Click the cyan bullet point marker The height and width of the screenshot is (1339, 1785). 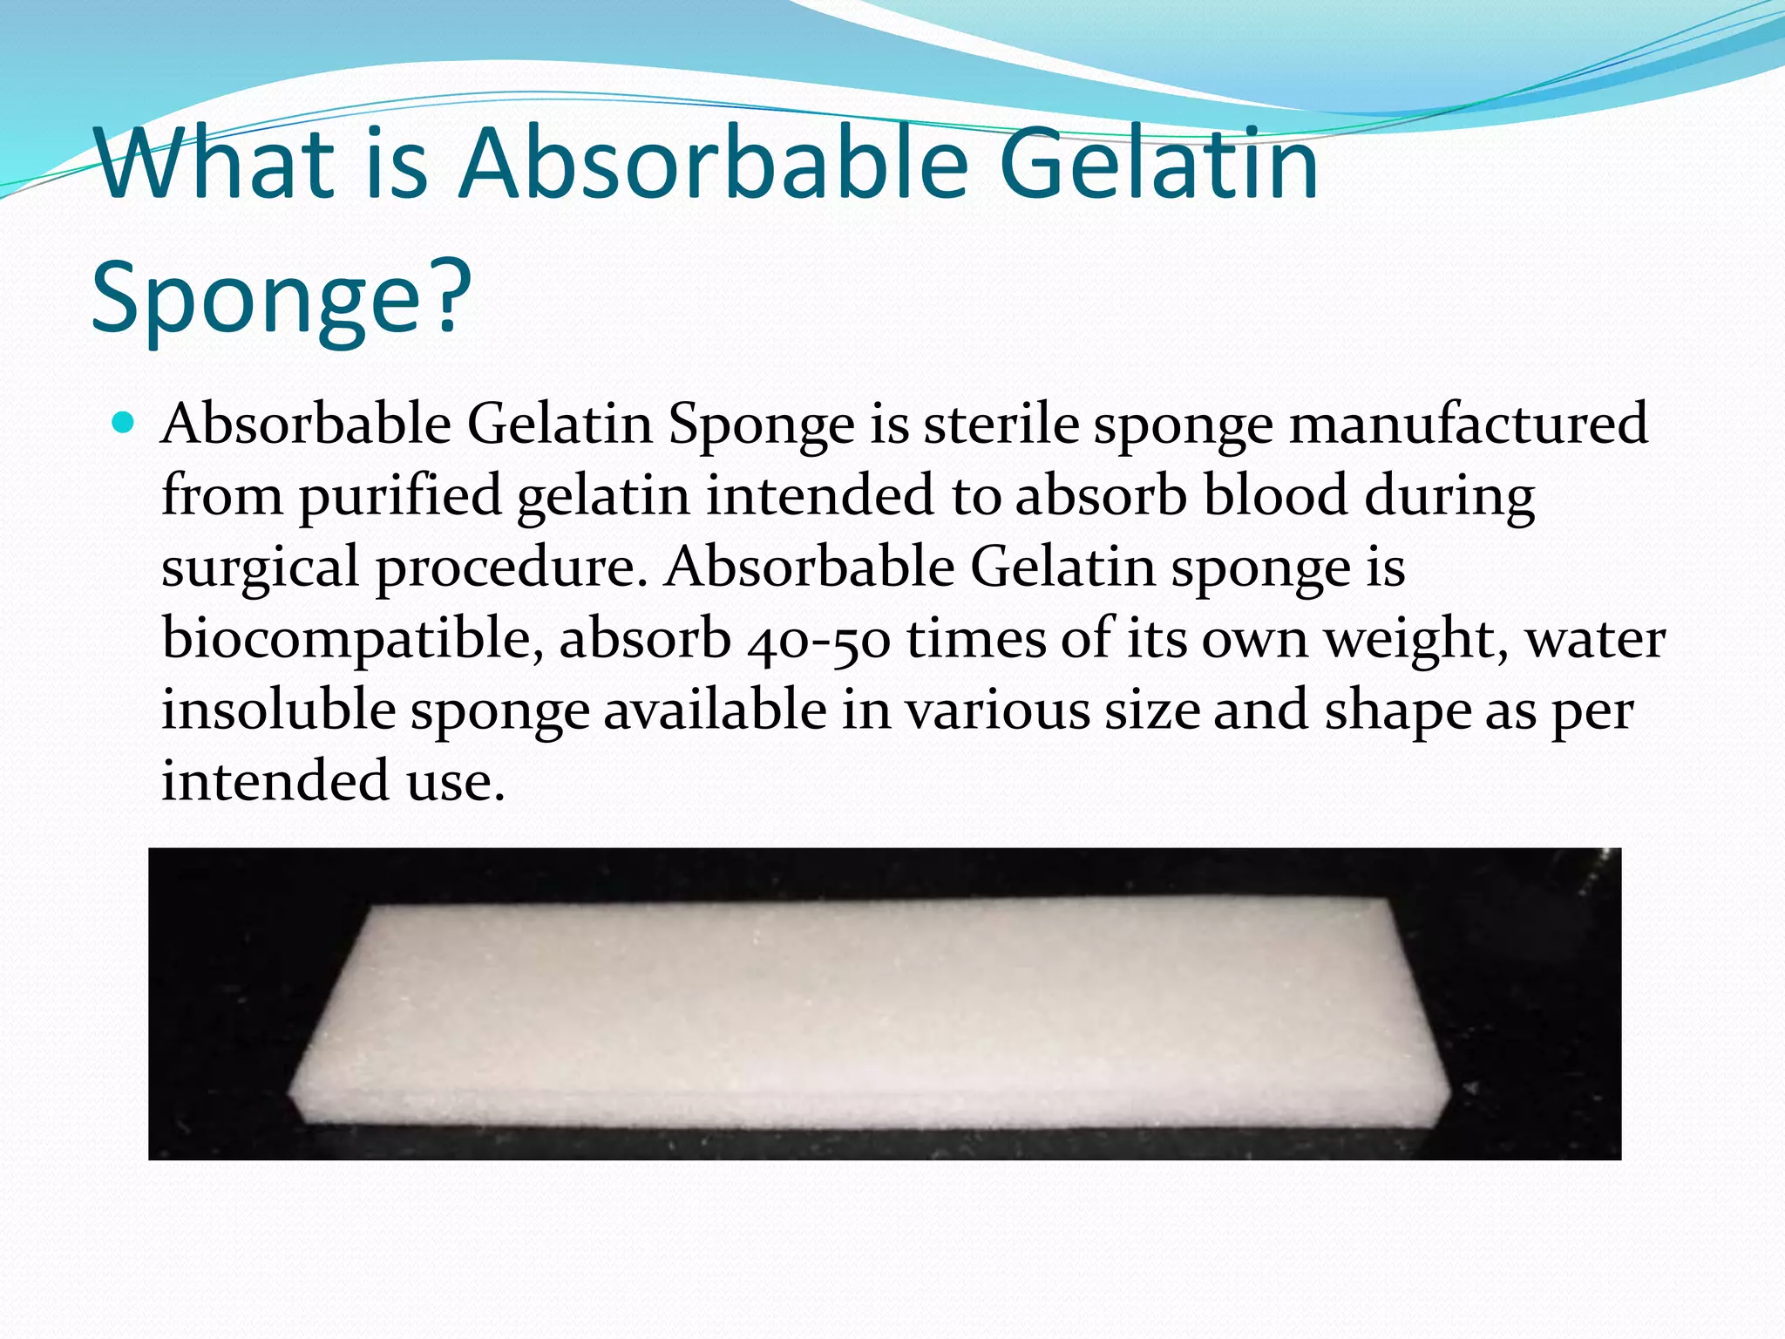click(x=124, y=424)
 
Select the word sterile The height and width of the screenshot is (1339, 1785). click(x=1001, y=425)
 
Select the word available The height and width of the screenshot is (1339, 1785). click(x=715, y=710)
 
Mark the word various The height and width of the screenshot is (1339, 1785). click(x=998, y=710)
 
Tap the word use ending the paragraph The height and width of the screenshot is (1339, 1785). click(x=455, y=781)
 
